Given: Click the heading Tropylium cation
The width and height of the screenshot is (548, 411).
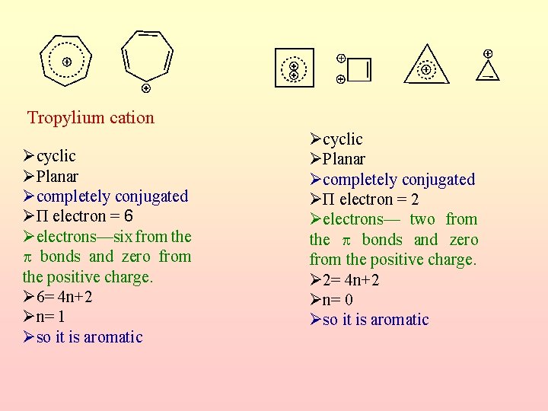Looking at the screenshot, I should pos(91,118).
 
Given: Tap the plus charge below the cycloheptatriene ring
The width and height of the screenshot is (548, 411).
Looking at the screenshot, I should pos(145,88).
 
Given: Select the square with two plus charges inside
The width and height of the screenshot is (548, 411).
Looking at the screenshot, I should pos(294,68).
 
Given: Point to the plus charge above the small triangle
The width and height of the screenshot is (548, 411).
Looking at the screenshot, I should pos(487,53).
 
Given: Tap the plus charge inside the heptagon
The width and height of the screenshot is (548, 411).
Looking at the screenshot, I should pos(67,62).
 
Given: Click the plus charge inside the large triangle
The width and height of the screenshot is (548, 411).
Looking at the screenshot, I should pos(425,70).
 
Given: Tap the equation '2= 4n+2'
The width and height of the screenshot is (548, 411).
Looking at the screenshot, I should pos(351,280).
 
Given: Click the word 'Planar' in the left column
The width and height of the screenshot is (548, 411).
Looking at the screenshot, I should pos(57,176).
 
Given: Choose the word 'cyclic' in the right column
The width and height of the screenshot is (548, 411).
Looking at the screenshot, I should pos(342,139).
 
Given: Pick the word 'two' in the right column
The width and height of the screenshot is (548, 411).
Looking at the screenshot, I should pos(422,219).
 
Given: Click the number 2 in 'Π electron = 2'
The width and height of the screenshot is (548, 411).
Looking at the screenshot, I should pos(414,199).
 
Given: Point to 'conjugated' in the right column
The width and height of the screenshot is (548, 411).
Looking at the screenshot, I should pos(437,180).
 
